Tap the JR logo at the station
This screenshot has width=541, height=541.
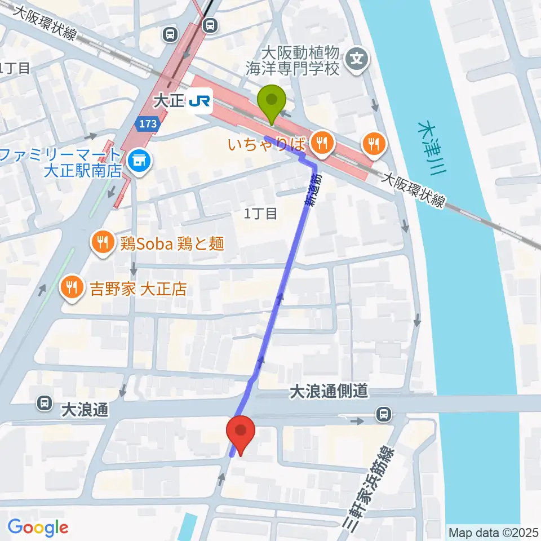click(x=200, y=101)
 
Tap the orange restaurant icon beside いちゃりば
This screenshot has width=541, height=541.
click(x=321, y=143)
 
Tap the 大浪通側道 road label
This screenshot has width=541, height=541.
click(x=329, y=391)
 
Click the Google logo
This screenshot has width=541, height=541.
click(x=38, y=528)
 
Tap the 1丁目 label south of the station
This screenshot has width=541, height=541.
click(x=261, y=213)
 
